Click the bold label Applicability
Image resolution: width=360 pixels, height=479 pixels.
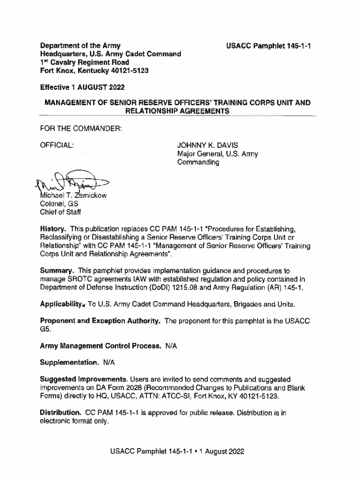point(62,305)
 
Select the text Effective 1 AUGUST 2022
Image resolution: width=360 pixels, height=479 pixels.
point(82,87)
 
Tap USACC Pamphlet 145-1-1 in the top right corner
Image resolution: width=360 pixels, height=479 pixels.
point(269,46)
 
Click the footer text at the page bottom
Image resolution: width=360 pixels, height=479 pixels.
point(177,452)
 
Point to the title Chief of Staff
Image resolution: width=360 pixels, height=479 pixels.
point(60,212)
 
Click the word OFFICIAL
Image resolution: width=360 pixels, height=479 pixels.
point(57,145)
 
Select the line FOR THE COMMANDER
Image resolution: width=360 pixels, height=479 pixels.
point(81,128)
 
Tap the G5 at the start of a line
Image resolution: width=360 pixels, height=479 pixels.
point(45,330)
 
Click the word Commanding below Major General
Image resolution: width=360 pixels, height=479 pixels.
point(198,162)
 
